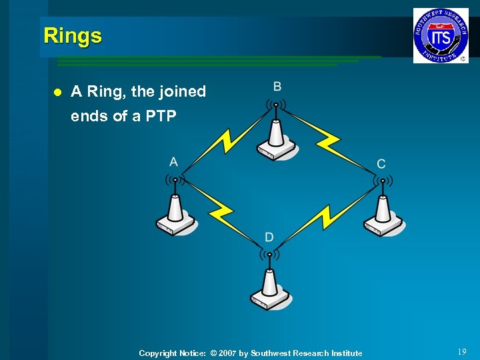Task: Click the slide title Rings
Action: (x=73, y=35)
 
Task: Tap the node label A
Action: (x=174, y=162)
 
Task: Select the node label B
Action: (x=277, y=87)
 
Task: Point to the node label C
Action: (x=381, y=164)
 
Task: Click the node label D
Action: (x=269, y=237)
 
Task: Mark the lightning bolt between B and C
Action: (x=328, y=141)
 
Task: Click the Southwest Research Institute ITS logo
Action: (x=440, y=35)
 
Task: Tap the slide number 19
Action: (x=462, y=352)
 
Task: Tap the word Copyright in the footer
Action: (x=157, y=353)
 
